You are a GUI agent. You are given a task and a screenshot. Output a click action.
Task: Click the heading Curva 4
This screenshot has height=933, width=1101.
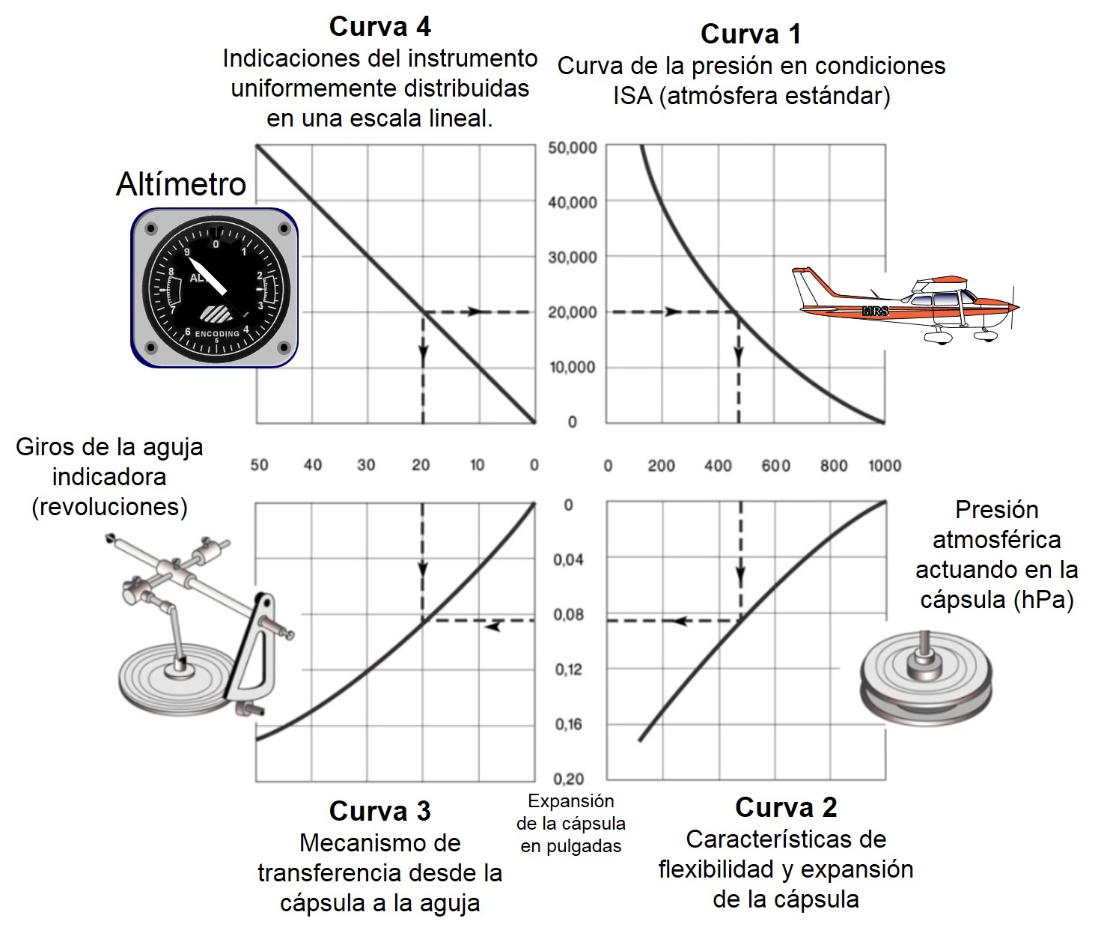point(379,27)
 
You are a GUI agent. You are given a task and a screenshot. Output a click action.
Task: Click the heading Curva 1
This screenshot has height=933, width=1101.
point(750,34)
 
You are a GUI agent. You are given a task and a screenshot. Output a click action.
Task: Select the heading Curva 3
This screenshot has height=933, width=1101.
point(379,811)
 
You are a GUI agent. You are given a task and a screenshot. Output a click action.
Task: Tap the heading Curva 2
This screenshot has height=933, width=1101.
point(786,807)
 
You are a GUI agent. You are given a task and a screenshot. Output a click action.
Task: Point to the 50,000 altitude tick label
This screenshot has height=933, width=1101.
point(573,148)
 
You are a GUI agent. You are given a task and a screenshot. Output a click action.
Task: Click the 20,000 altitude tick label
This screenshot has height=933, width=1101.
point(573,312)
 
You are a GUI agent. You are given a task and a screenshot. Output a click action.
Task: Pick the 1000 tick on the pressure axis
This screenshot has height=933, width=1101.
point(884,466)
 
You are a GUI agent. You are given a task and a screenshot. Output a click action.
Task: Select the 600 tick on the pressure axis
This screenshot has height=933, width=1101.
point(775,466)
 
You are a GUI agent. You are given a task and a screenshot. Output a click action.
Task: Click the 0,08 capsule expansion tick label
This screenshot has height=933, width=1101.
point(568,615)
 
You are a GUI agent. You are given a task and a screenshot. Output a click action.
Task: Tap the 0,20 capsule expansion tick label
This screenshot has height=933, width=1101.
point(568,779)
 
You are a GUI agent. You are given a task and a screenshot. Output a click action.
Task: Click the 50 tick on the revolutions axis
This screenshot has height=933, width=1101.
point(259,465)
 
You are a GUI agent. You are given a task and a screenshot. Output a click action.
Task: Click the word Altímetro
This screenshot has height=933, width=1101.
point(181,184)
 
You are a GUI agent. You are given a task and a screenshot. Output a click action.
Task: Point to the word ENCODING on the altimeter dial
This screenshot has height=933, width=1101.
point(217,333)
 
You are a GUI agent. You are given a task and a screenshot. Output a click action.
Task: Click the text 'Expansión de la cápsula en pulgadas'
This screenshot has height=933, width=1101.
point(571,824)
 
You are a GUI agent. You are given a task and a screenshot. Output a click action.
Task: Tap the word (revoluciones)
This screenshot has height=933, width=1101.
point(109,507)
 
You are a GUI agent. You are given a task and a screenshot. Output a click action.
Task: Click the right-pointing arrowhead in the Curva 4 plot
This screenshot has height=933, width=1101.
point(474,311)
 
